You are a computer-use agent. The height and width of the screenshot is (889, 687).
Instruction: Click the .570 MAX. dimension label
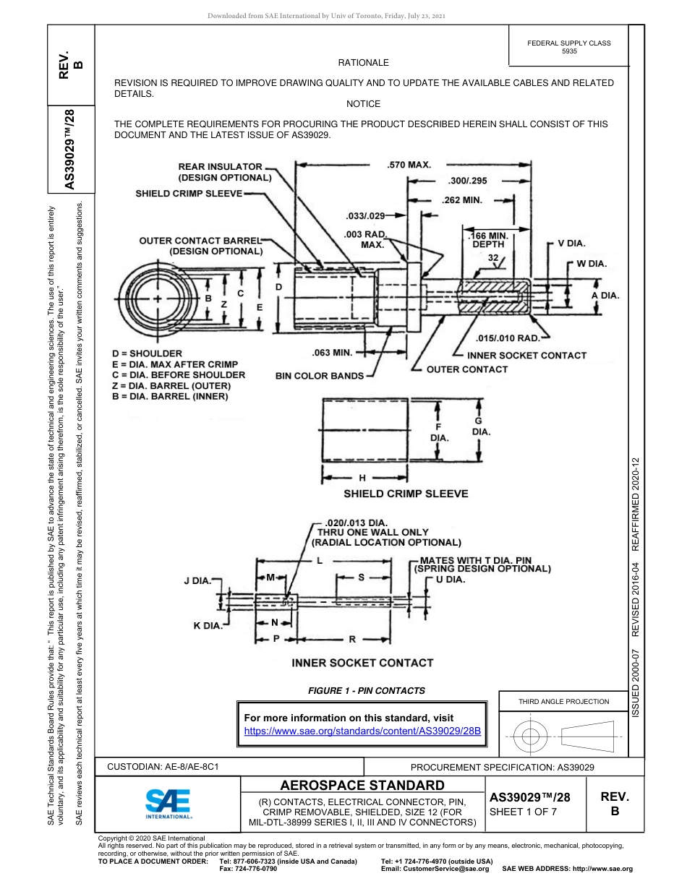(409, 165)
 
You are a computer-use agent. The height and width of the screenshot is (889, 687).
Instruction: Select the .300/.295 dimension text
(468, 181)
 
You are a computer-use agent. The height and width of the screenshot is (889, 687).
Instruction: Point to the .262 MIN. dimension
(461, 200)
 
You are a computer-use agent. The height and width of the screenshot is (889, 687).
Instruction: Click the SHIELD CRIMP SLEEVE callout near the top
(189, 194)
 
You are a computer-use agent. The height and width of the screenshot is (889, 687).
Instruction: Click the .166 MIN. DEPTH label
(488, 240)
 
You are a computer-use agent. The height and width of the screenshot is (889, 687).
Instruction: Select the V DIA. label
(571, 244)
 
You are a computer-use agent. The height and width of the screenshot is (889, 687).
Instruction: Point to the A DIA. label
(605, 295)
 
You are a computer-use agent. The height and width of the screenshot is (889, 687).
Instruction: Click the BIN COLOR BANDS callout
(320, 376)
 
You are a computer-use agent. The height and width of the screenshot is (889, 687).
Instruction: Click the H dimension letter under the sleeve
(362, 478)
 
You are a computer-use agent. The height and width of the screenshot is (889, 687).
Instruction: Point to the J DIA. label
(197, 580)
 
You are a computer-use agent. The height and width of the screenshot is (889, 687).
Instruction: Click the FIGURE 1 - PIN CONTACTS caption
(367, 690)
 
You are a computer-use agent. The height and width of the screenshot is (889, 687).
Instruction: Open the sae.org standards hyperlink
(362, 731)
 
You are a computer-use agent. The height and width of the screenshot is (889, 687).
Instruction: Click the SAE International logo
(167, 803)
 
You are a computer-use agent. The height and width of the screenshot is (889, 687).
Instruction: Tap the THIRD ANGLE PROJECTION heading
(563, 701)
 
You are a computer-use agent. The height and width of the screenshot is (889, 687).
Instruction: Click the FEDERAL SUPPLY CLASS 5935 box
(569, 47)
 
